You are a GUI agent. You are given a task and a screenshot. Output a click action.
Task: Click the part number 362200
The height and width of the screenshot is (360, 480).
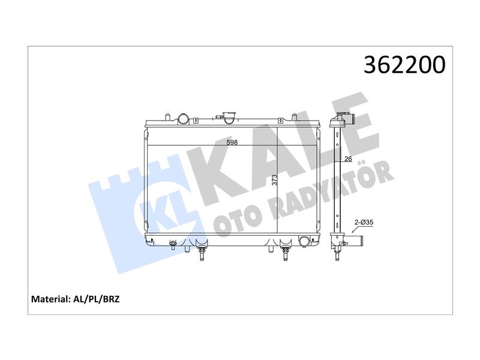click(404, 65)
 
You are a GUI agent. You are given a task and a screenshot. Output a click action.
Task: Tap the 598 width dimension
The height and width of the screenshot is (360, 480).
click(232, 142)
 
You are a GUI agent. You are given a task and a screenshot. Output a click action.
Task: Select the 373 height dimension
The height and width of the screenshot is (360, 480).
click(274, 179)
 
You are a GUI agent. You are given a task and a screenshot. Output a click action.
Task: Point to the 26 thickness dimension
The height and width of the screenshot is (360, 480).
click(348, 158)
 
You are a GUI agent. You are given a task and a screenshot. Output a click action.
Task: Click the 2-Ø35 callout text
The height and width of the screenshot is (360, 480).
click(364, 222)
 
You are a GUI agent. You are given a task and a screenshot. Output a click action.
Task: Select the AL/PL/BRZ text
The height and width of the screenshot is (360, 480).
click(97, 299)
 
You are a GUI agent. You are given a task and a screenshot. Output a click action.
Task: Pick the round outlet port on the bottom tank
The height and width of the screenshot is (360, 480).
click(304, 241)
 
